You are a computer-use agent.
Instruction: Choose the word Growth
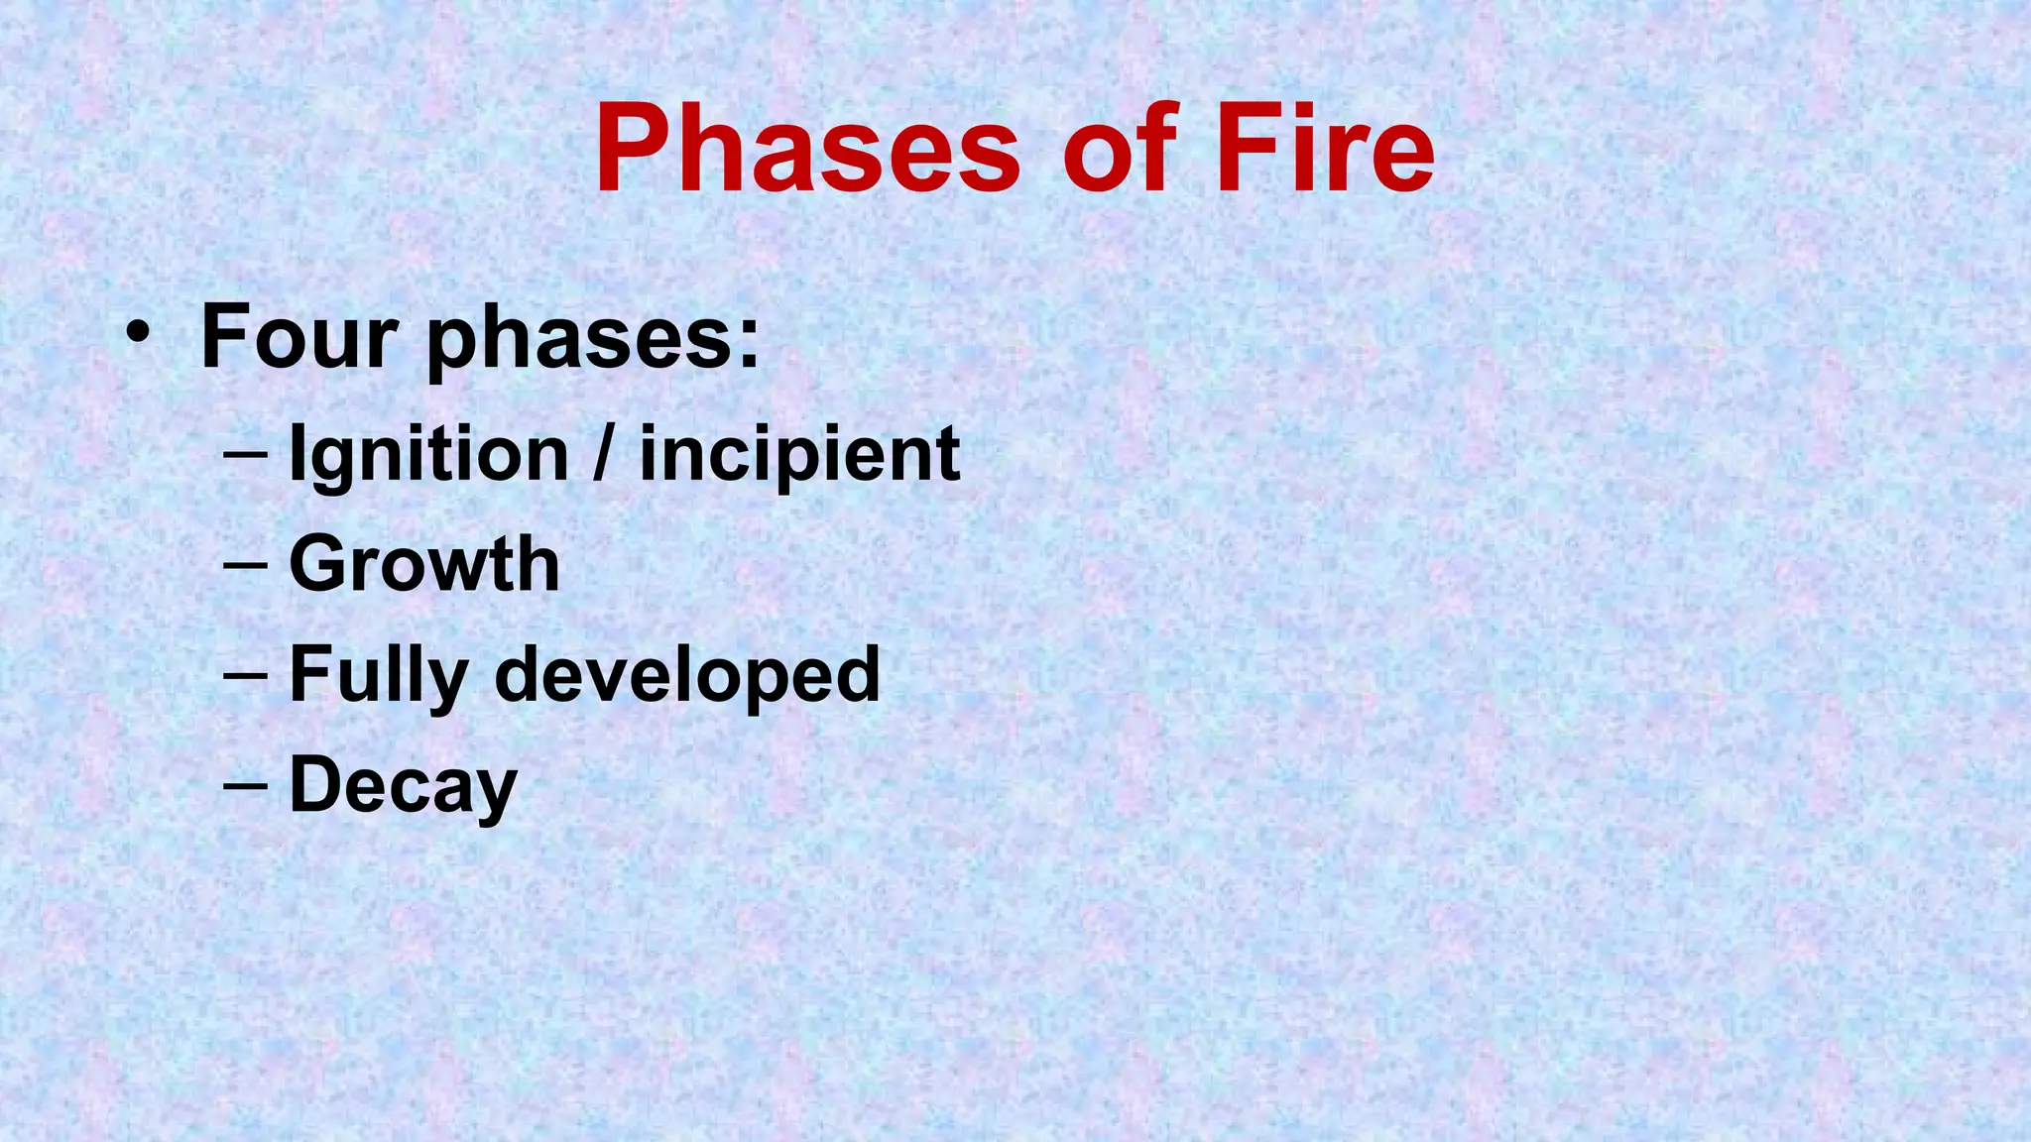[x=424, y=565]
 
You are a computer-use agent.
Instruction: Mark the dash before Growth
[x=245, y=565]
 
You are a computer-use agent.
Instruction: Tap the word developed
[x=686, y=674]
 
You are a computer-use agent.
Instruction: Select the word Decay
[x=403, y=786]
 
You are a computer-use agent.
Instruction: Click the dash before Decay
[x=245, y=786]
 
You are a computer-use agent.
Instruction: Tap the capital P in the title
[x=634, y=151]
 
